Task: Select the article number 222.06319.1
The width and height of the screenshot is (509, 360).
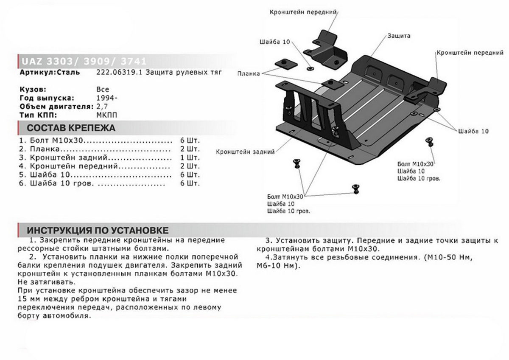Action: pos(120,73)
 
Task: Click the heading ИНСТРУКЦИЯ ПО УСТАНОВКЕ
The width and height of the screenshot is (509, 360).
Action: pos(98,230)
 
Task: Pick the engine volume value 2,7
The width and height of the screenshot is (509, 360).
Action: pos(103,107)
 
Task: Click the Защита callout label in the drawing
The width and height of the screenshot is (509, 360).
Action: pos(398,36)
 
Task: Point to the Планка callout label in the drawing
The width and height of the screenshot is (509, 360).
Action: pos(249,73)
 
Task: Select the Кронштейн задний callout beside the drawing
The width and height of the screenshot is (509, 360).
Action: pos(245,151)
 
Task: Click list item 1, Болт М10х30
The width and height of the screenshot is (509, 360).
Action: pos(53,140)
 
